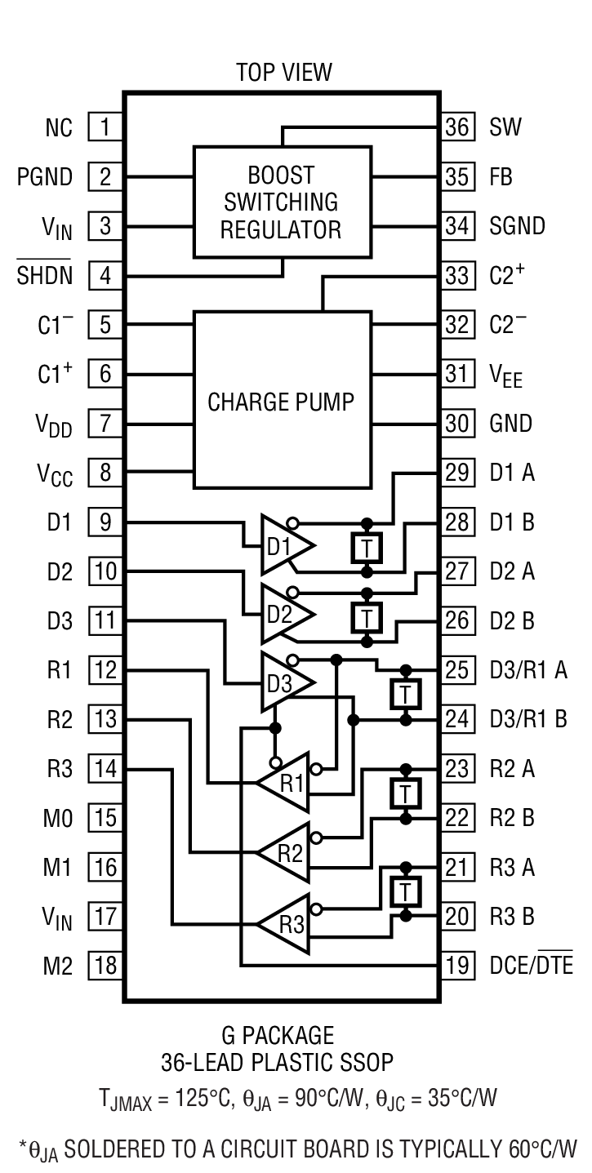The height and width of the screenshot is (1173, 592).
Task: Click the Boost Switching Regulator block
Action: [x=282, y=202]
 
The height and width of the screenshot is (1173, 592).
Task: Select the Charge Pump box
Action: [x=282, y=400]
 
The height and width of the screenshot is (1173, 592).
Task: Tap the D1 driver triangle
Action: [x=284, y=544]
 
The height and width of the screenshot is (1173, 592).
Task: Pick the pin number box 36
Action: [x=458, y=127]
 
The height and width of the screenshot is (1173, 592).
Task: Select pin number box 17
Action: [x=105, y=916]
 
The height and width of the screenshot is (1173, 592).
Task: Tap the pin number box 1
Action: [x=105, y=127]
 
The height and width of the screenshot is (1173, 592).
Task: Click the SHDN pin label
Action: [x=45, y=276]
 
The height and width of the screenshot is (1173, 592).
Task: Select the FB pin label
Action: [x=501, y=176]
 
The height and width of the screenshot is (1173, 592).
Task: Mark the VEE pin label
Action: [x=505, y=375]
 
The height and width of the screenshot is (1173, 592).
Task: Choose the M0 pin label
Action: [x=58, y=818]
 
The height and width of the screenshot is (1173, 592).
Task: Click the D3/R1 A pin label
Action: [x=528, y=670]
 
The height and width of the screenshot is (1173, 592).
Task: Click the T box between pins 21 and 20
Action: [x=404, y=891]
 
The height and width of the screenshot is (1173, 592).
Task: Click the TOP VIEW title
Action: [x=283, y=72]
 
